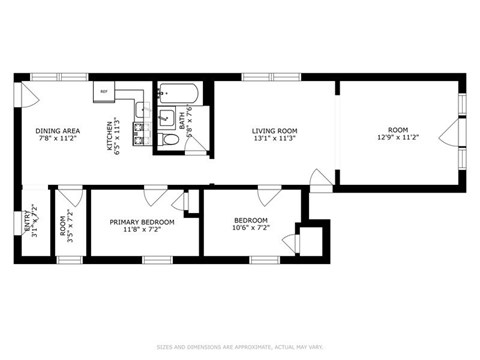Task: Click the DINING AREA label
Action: [56, 131]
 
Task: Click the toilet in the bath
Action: [170, 141]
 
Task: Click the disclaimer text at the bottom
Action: [239, 348]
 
